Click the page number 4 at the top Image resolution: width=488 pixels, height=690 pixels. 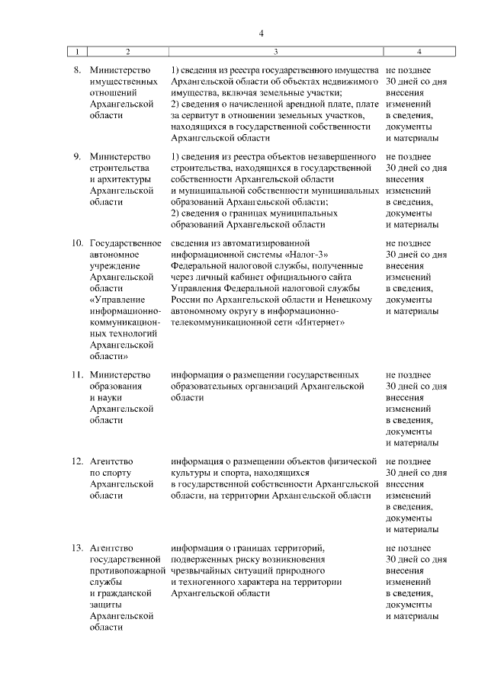[x=260, y=34]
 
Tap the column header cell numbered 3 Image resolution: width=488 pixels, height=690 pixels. [x=275, y=51]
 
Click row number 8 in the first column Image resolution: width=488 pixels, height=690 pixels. [x=77, y=69]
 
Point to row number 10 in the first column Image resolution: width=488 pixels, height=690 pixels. [x=77, y=242]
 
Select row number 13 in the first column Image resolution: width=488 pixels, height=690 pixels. [x=77, y=547]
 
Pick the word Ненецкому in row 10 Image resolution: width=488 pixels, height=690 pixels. [x=354, y=300]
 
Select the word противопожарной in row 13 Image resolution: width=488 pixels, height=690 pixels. [x=127, y=571]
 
